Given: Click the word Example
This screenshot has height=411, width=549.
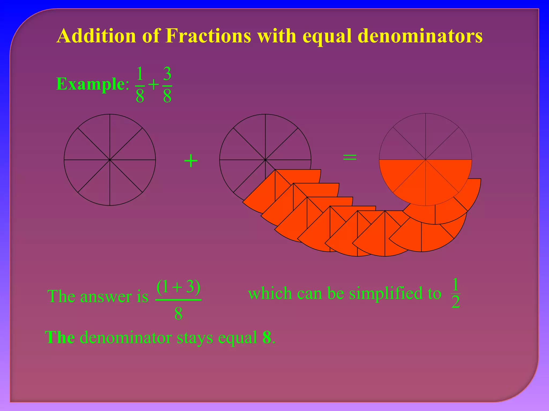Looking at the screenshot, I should [x=90, y=84].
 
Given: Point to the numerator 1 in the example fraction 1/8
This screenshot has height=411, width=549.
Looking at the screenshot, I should [x=140, y=74].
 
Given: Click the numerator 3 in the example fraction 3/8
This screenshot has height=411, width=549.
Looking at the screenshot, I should [x=167, y=74].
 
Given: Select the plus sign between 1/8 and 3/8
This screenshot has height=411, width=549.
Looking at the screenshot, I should [x=154, y=85].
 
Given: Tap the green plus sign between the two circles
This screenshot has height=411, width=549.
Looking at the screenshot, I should [x=191, y=161].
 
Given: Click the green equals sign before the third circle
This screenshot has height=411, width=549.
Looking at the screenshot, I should [x=350, y=157].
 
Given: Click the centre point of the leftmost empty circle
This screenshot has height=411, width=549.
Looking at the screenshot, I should [x=110, y=160].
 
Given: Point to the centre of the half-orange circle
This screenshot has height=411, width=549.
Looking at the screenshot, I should [x=425, y=160].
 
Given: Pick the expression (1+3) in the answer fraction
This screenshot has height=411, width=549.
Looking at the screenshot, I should [x=178, y=287].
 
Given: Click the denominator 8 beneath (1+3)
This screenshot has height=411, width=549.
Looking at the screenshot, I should [x=178, y=313].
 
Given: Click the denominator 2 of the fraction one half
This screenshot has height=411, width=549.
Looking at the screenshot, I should [x=455, y=302].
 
